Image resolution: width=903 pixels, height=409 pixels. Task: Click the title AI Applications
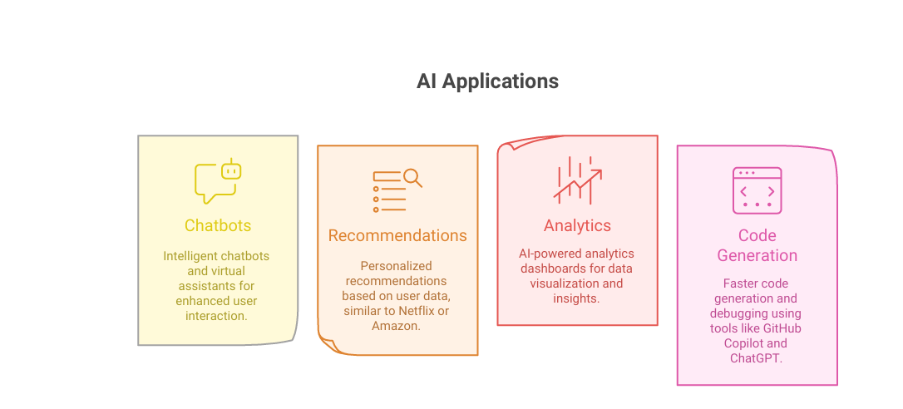pyautogui.click(x=487, y=81)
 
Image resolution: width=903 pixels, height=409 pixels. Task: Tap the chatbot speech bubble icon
pyautogui.click(x=217, y=181)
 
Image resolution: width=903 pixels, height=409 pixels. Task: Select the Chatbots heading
pyautogui.click(x=218, y=225)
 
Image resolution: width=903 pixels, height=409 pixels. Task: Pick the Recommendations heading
pyautogui.click(x=397, y=235)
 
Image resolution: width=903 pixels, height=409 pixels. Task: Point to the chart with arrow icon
pyautogui.click(x=577, y=180)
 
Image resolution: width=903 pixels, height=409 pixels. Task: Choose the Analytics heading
pyautogui.click(x=577, y=225)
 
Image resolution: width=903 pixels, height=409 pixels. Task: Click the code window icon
pyautogui.click(x=757, y=191)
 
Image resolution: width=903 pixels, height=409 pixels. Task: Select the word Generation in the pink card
pyautogui.click(x=757, y=255)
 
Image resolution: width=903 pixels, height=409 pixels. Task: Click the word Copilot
pyautogui.click(x=740, y=343)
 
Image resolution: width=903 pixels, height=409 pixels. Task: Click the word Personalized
pyautogui.click(x=396, y=265)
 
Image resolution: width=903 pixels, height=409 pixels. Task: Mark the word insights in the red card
pyautogui.click(x=576, y=298)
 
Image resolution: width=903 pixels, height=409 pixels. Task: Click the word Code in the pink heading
pyautogui.click(x=757, y=235)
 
